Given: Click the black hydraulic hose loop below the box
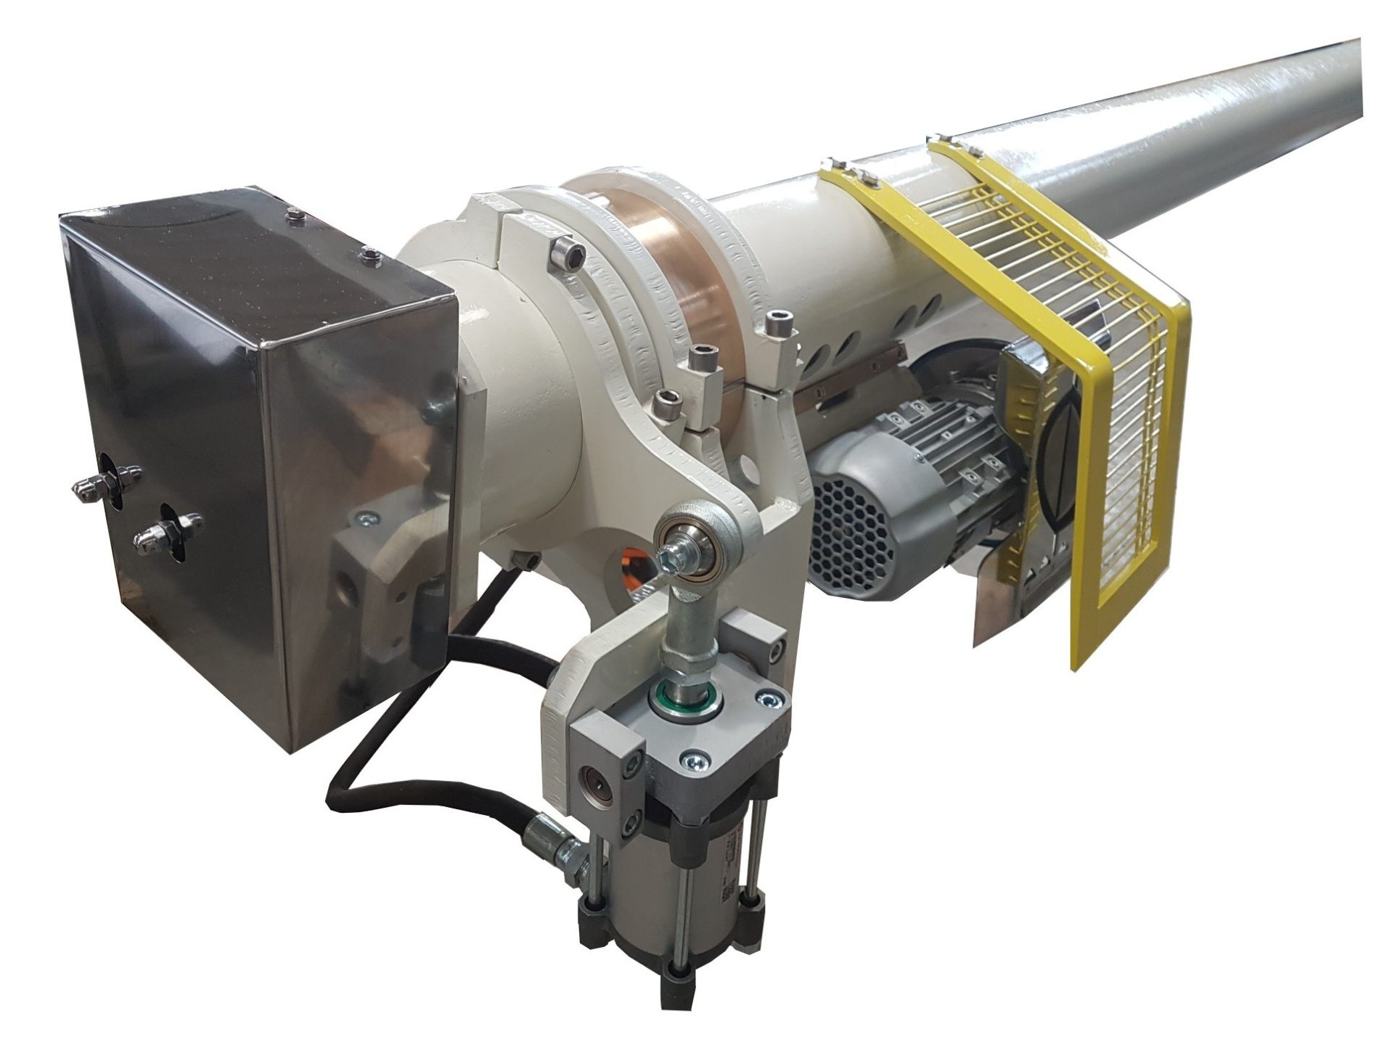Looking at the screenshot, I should [x=406, y=747].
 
